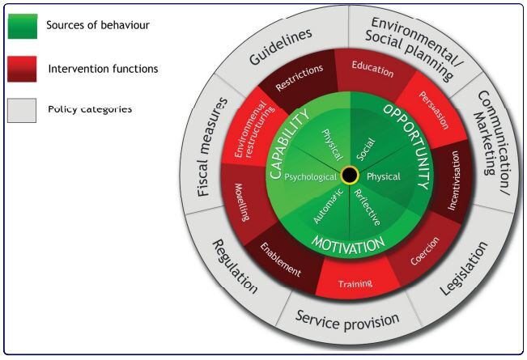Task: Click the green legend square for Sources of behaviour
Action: [x=22, y=26]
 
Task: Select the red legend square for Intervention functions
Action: [x=22, y=70]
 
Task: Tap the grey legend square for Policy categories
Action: [x=22, y=110]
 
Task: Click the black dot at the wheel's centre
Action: [x=350, y=175]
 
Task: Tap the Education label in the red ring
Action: [x=373, y=70]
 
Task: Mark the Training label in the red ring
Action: [x=355, y=284]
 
